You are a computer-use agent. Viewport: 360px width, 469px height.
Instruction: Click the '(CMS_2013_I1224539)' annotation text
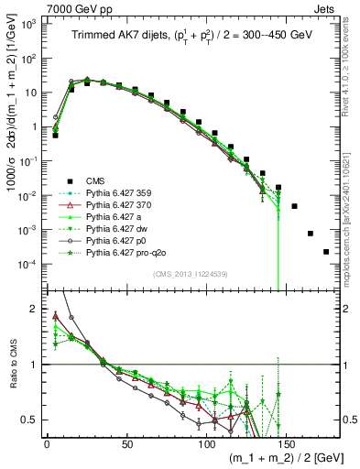(190, 273)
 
